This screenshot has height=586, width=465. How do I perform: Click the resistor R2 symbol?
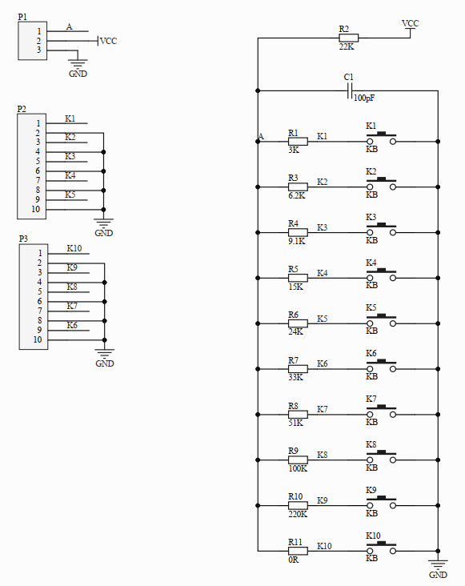click(x=348, y=38)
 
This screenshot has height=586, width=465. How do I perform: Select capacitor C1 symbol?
click(x=350, y=93)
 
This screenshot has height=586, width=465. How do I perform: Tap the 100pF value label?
click(x=363, y=98)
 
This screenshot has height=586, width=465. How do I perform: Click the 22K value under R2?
click(x=346, y=47)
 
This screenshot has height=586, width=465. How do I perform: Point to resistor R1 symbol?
click(x=297, y=142)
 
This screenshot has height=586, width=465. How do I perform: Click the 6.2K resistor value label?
click(x=296, y=195)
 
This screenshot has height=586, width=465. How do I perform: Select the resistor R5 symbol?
click(x=297, y=279)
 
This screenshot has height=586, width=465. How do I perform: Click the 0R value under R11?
click(x=295, y=559)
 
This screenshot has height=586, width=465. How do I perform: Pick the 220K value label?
click(x=298, y=515)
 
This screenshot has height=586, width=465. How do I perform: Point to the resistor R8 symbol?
click(x=297, y=415)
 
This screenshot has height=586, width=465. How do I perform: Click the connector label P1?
click(x=22, y=17)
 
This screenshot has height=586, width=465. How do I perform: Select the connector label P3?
click(x=22, y=239)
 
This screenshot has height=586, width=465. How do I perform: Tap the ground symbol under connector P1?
click(x=78, y=62)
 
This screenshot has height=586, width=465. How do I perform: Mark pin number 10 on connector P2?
click(x=36, y=209)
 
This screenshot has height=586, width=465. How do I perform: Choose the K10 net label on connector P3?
click(x=74, y=249)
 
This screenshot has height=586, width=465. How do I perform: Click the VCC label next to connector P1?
click(x=109, y=41)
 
